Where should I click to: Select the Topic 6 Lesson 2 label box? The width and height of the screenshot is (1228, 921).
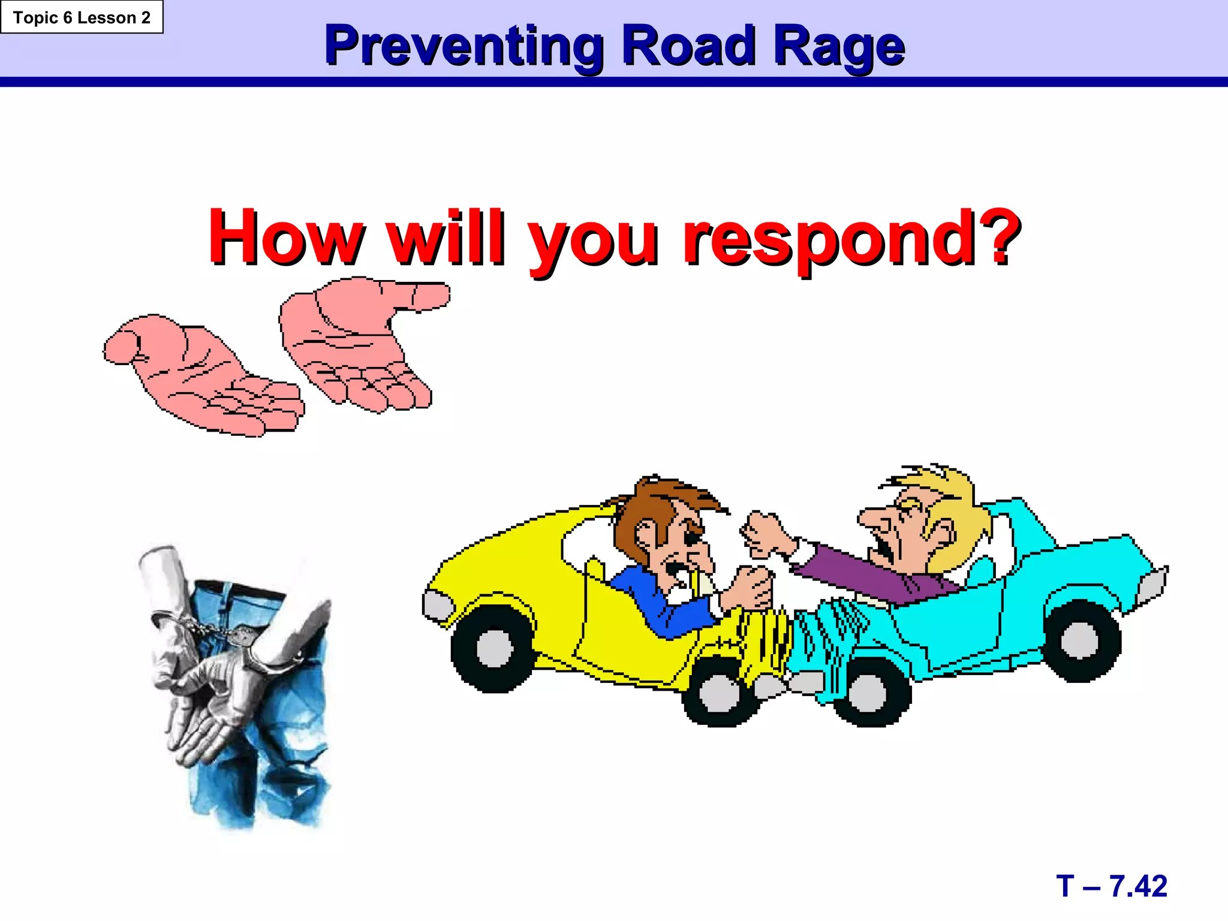point(82,17)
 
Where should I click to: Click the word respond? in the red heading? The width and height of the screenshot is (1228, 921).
point(851,239)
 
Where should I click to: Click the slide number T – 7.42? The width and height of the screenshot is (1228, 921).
point(1112,886)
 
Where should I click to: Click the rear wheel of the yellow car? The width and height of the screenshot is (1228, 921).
point(493,649)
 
